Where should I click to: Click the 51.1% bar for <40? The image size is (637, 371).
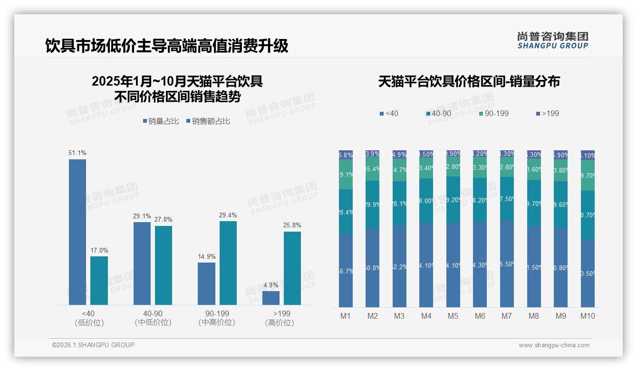coord(77,232)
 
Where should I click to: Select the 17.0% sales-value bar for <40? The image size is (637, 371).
coord(99,281)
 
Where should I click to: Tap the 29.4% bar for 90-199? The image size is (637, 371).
coord(228,263)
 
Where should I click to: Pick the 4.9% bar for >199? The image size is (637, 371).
coord(271,298)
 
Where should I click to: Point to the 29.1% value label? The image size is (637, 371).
coord(142,216)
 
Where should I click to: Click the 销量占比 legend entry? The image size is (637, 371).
coord(161,121)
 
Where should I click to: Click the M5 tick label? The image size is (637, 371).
coord(453,316)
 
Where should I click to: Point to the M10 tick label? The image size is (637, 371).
coord(588,316)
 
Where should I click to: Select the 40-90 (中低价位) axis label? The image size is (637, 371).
coord(153,318)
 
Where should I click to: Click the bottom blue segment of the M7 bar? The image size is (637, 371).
coord(507,264)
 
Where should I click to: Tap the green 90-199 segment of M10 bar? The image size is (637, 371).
coord(588,176)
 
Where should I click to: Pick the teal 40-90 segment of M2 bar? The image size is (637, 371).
coord(373,205)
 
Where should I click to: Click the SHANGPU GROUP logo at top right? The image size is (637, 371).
coord(552,40)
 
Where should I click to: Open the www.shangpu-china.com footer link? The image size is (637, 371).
coord(554,345)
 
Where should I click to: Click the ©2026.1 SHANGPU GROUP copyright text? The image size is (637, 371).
coord(93,345)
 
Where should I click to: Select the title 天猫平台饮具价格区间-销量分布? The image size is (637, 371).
coord(469,81)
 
